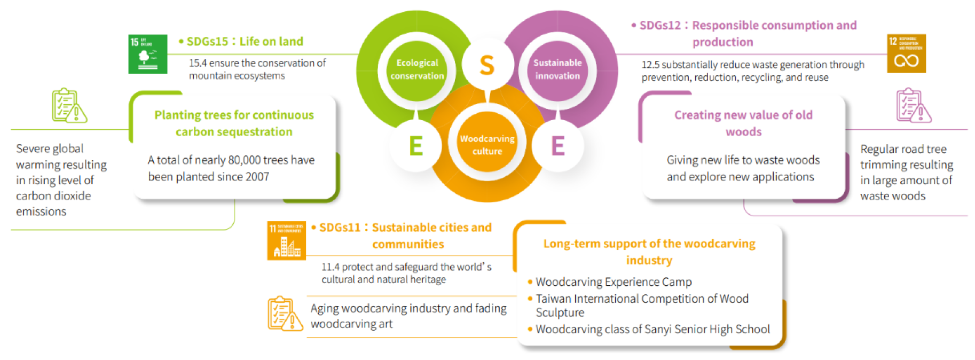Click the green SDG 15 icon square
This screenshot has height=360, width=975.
148,54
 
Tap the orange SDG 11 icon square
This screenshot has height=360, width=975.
287,240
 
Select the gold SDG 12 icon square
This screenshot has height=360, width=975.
906,54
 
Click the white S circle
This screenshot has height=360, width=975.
487,65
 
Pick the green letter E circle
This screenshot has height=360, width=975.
415,146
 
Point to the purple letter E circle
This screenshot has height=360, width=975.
558,146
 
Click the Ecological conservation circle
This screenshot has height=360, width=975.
417,69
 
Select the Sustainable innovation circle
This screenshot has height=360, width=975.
557,69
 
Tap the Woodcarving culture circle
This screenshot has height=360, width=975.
487,145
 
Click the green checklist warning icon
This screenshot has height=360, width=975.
69,106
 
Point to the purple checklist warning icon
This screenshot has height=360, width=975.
913,106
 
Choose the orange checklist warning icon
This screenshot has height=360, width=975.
285,314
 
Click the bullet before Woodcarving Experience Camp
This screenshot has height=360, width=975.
530,282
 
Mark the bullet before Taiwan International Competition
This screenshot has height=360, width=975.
530,299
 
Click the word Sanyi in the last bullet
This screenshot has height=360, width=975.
658,330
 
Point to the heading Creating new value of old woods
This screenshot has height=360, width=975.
743,123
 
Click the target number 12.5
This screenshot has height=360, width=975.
650,65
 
